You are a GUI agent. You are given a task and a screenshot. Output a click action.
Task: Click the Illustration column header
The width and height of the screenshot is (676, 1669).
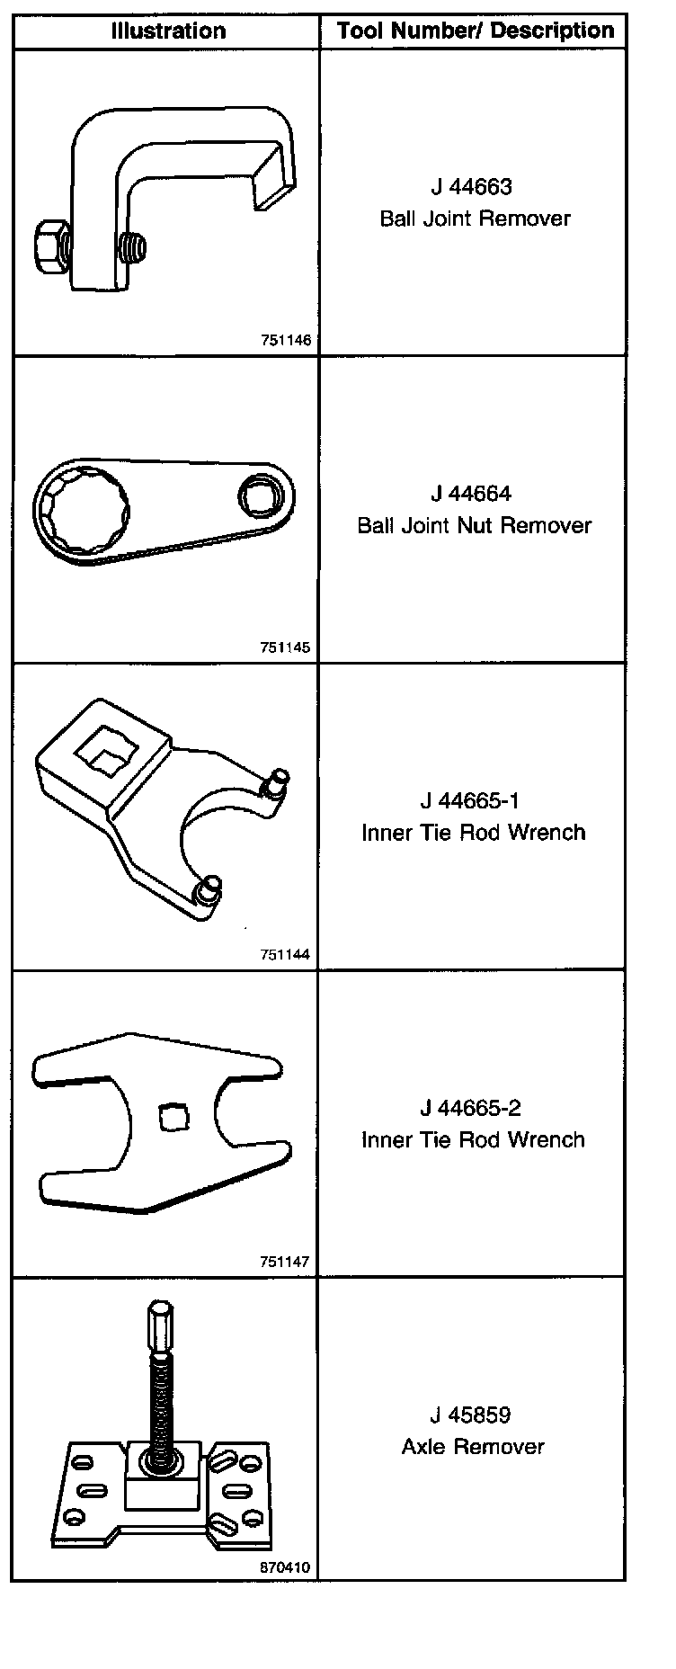pos(168,31)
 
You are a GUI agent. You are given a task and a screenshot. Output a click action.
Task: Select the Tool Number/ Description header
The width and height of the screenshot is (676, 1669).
pos(476,31)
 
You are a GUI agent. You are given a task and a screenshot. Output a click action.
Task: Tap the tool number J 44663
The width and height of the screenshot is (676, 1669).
pos(471,187)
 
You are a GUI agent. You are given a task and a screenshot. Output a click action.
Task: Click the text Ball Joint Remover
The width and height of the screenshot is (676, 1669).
pos(475,219)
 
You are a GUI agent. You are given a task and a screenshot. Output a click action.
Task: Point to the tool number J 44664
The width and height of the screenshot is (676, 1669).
pos(471,494)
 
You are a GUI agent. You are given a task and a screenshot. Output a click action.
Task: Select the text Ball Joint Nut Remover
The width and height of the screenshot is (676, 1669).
pos(475,525)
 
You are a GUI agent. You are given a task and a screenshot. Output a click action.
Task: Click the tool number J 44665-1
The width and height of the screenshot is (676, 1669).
pos(471,800)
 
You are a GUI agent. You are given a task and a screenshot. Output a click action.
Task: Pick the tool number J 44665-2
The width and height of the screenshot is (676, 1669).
pos(471,1108)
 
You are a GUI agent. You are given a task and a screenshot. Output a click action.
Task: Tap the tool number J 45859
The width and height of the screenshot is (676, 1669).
pos(471,1415)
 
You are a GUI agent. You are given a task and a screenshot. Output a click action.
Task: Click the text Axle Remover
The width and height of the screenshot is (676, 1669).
pos(473,1446)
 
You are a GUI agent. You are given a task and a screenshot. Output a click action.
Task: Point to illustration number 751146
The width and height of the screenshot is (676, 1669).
pos(285,341)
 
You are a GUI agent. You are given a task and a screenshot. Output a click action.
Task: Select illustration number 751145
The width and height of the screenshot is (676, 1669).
pos(285,647)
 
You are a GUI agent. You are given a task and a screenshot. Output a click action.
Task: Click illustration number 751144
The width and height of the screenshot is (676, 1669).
pos(285,955)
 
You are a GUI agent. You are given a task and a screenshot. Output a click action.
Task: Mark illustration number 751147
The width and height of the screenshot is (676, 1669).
pos(285,1262)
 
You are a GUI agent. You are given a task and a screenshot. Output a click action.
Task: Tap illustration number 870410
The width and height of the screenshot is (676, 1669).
pos(285,1567)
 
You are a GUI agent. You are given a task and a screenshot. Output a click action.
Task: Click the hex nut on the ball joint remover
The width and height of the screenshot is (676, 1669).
pos(48,243)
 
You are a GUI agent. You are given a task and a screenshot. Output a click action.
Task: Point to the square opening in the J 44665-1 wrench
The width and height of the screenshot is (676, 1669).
pos(105,750)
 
